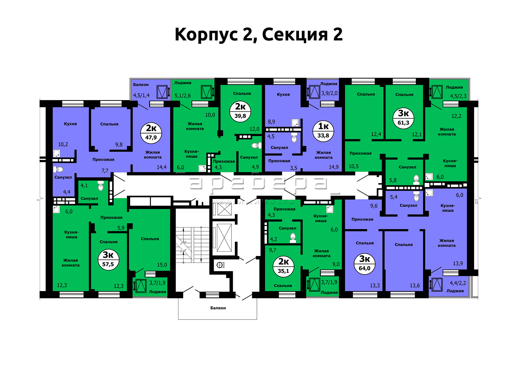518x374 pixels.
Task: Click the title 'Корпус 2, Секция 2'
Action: (x=258, y=35)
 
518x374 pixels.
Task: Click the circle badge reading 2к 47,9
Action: (x=151, y=133)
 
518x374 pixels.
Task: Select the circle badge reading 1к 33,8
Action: (x=323, y=131)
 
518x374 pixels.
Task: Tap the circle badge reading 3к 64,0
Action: (x=364, y=264)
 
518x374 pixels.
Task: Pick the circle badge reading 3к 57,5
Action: (x=108, y=259)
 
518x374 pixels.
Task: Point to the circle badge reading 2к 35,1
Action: (x=283, y=266)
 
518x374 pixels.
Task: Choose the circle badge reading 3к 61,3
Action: (x=403, y=118)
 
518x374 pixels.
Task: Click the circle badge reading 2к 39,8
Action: (x=240, y=111)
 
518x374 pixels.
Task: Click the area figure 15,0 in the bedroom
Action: (x=162, y=265)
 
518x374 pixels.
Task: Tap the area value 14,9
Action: (x=334, y=167)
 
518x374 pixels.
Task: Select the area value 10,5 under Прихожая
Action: (x=354, y=166)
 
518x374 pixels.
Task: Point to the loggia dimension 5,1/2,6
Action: (x=183, y=96)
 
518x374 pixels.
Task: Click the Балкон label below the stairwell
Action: (x=218, y=308)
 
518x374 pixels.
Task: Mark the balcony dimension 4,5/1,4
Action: (x=141, y=95)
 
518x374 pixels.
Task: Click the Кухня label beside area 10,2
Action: (x=70, y=124)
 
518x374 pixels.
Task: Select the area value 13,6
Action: (x=415, y=286)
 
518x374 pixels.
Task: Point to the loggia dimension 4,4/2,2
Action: (x=458, y=283)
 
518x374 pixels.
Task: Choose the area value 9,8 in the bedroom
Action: (x=119, y=145)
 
